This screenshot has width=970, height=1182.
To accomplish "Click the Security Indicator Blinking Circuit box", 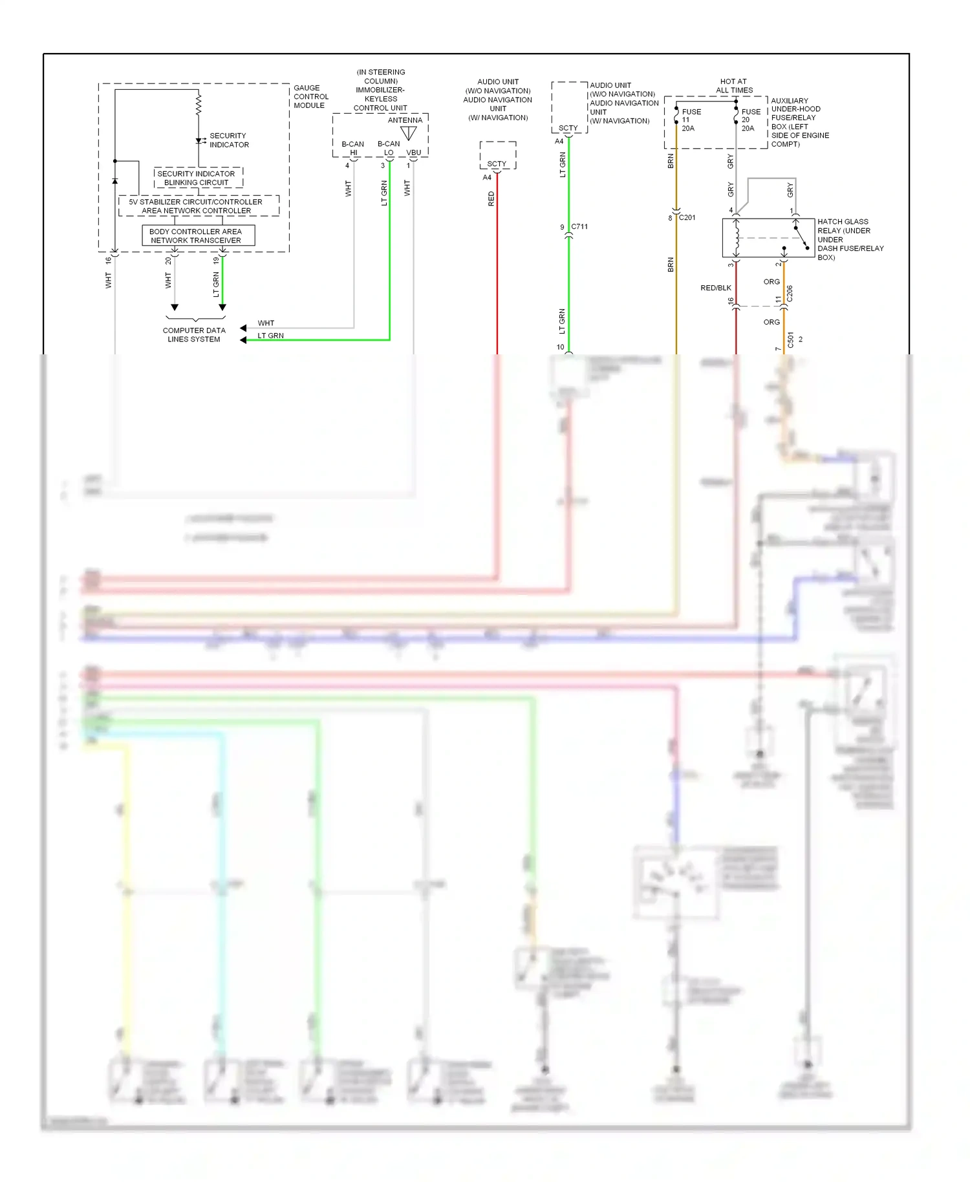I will (197, 178).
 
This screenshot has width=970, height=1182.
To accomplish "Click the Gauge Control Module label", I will (310, 96).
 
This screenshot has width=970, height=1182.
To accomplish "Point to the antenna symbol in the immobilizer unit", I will (409, 133).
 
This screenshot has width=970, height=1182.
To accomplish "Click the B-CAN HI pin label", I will (353, 148).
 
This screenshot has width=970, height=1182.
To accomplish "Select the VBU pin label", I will (414, 153).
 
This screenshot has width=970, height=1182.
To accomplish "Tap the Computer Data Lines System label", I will (194, 334).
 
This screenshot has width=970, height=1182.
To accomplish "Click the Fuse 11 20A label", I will (689, 120).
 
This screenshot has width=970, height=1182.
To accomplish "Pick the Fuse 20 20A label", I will (749, 120).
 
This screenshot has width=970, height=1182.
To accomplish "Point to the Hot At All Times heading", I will (734, 86).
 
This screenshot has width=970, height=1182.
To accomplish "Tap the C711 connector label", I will (579, 226).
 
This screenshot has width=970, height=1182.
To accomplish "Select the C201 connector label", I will (687, 217).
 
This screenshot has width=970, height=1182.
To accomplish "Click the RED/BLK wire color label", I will (716, 288).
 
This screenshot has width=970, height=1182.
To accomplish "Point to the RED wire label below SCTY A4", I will (491, 199).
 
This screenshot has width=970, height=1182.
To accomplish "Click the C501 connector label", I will (790, 340).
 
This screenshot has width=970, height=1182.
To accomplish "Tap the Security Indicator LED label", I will (228, 140).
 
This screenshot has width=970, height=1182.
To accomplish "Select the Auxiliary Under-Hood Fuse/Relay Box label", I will (799, 122).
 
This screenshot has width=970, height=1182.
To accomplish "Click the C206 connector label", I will (790, 294).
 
